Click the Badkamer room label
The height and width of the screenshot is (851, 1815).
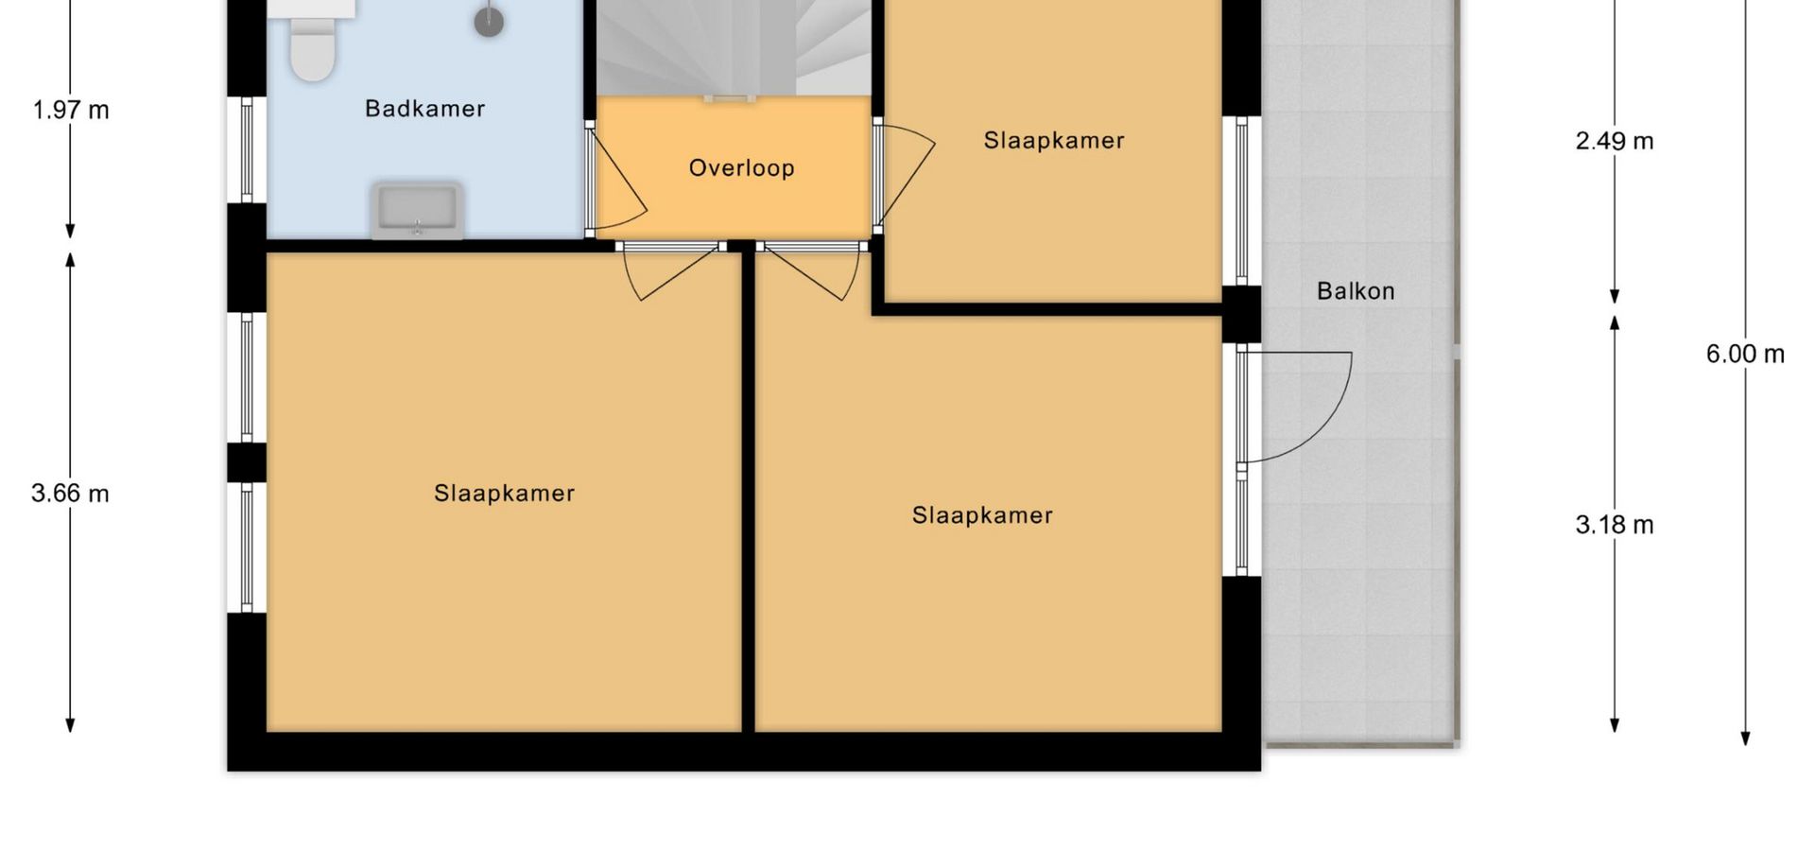pyautogui.click(x=424, y=109)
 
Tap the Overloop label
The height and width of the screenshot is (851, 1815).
pyautogui.click(x=741, y=168)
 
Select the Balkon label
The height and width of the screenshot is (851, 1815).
pyautogui.click(x=1356, y=291)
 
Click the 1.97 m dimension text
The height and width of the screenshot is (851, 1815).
pyautogui.click(x=71, y=111)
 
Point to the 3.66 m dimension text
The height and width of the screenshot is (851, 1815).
pyautogui.click(x=70, y=494)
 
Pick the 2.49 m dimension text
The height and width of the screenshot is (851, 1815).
pyautogui.click(x=1615, y=142)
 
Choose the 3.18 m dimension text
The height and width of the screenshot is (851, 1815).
pyautogui.click(x=1615, y=526)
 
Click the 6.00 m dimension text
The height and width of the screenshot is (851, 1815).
pyautogui.click(x=1745, y=355)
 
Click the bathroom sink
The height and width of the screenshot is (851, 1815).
pyautogui.click(x=418, y=210)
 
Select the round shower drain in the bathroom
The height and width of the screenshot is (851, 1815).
pyautogui.click(x=489, y=22)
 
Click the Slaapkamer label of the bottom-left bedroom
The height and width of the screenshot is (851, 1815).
pyautogui.click(x=504, y=494)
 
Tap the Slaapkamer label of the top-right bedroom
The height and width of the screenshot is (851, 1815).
pyautogui.click(x=1054, y=141)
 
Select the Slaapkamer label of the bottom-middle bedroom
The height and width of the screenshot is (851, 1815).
pyautogui.click(x=982, y=515)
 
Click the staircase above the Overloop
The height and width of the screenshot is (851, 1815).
pyautogui.click(x=734, y=47)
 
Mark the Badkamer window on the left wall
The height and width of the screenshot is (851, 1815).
pyautogui.click(x=247, y=150)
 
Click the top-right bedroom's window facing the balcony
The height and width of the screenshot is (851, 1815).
pyautogui.click(x=1242, y=200)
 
